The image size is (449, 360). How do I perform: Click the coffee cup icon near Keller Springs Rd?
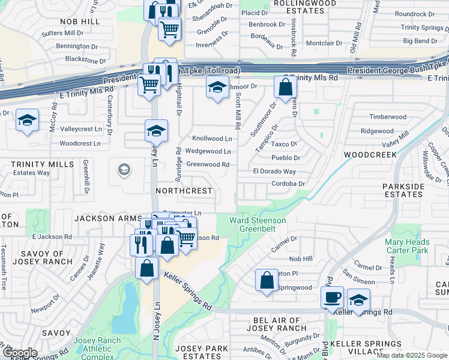(332, 297)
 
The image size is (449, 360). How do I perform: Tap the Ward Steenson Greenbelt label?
(258, 224)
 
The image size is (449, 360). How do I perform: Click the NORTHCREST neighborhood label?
(184, 191)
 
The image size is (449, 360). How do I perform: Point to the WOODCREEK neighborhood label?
(370, 155)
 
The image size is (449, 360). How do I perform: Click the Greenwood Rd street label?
(208, 164)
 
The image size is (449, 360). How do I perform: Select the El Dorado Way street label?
(274, 172)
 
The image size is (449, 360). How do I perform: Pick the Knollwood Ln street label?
(212, 139)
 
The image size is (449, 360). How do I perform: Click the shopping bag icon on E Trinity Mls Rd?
(285, 87)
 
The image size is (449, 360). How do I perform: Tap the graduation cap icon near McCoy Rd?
(28, 120)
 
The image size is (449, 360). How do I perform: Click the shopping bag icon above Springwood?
(267, 280)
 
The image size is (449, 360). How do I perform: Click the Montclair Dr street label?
(324, 44)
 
